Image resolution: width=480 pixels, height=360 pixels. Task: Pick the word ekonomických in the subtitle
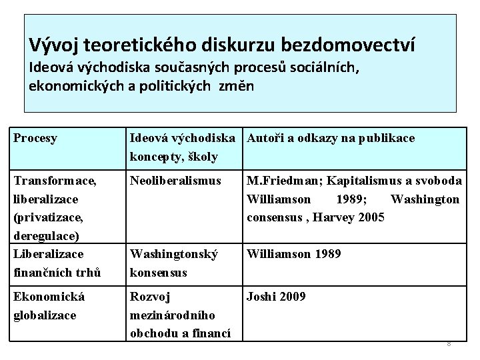point(71,87)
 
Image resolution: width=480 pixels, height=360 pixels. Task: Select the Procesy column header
point(35,139)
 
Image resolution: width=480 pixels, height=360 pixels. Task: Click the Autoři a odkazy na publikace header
point(331,139)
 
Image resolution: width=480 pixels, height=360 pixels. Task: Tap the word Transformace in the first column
point(53,181)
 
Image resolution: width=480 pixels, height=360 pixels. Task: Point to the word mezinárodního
point(170,314)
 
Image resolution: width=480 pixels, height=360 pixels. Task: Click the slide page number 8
point(449,344)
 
